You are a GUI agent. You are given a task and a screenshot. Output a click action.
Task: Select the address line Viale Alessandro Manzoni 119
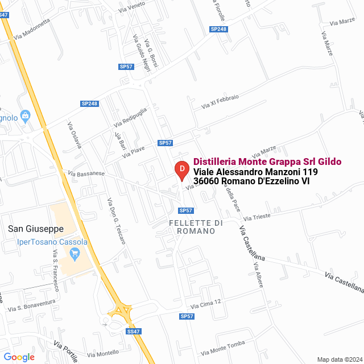pos(255,171)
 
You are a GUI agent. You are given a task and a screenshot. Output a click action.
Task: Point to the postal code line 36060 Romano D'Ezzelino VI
pos(251,181)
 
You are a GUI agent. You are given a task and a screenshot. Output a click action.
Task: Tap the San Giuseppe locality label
pos(35,229)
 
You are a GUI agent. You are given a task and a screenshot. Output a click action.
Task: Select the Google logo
pos(19,357)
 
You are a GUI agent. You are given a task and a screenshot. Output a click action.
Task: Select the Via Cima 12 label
pos(205,303)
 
